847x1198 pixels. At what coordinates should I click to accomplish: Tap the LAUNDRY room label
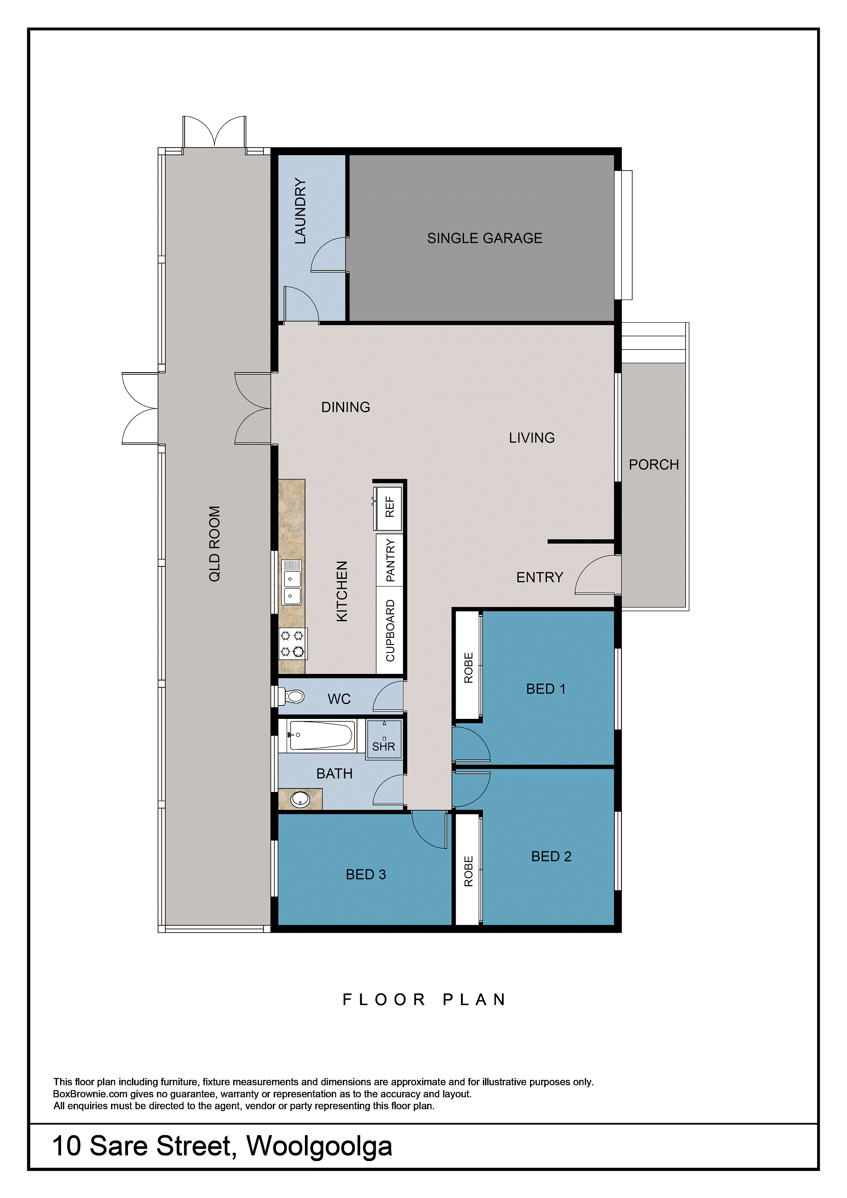click(300, 211)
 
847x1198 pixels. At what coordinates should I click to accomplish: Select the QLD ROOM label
click(214, 543)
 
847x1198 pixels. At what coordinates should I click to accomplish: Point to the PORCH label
click(654, 464)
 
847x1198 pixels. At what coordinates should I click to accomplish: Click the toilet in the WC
click(290, 696)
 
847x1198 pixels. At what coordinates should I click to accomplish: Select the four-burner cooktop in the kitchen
click(292, 644)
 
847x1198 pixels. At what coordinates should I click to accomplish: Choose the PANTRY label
click(391, 560)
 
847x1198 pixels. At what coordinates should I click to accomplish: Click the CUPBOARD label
click(391, 630)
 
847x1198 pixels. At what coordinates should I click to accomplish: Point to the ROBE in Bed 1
click(468, 667)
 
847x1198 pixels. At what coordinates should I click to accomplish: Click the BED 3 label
click(366, 874)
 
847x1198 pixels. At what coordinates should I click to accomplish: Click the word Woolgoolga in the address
click(319, 1146)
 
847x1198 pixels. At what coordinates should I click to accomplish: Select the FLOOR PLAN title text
click(424, 999)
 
